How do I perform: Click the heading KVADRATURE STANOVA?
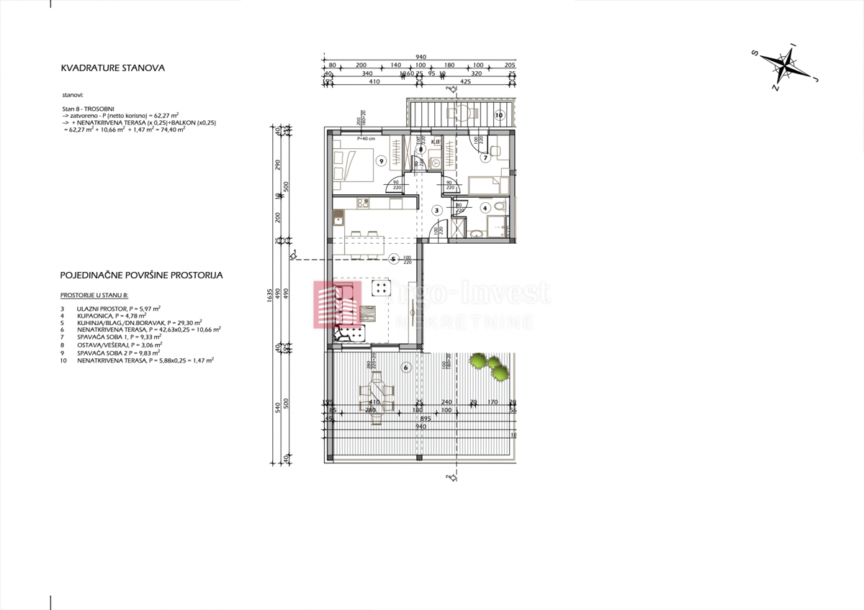(113, 68)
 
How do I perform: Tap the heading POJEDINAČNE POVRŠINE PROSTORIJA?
(142, 275)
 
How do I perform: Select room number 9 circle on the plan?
(381, 161)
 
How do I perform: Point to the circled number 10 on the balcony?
(499, 114)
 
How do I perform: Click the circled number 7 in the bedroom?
(485, 158)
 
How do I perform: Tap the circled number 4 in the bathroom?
(485, 208)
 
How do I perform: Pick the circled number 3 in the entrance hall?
(436, 210)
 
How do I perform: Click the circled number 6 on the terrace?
(406, 368)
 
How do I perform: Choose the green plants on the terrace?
(488, 366)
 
